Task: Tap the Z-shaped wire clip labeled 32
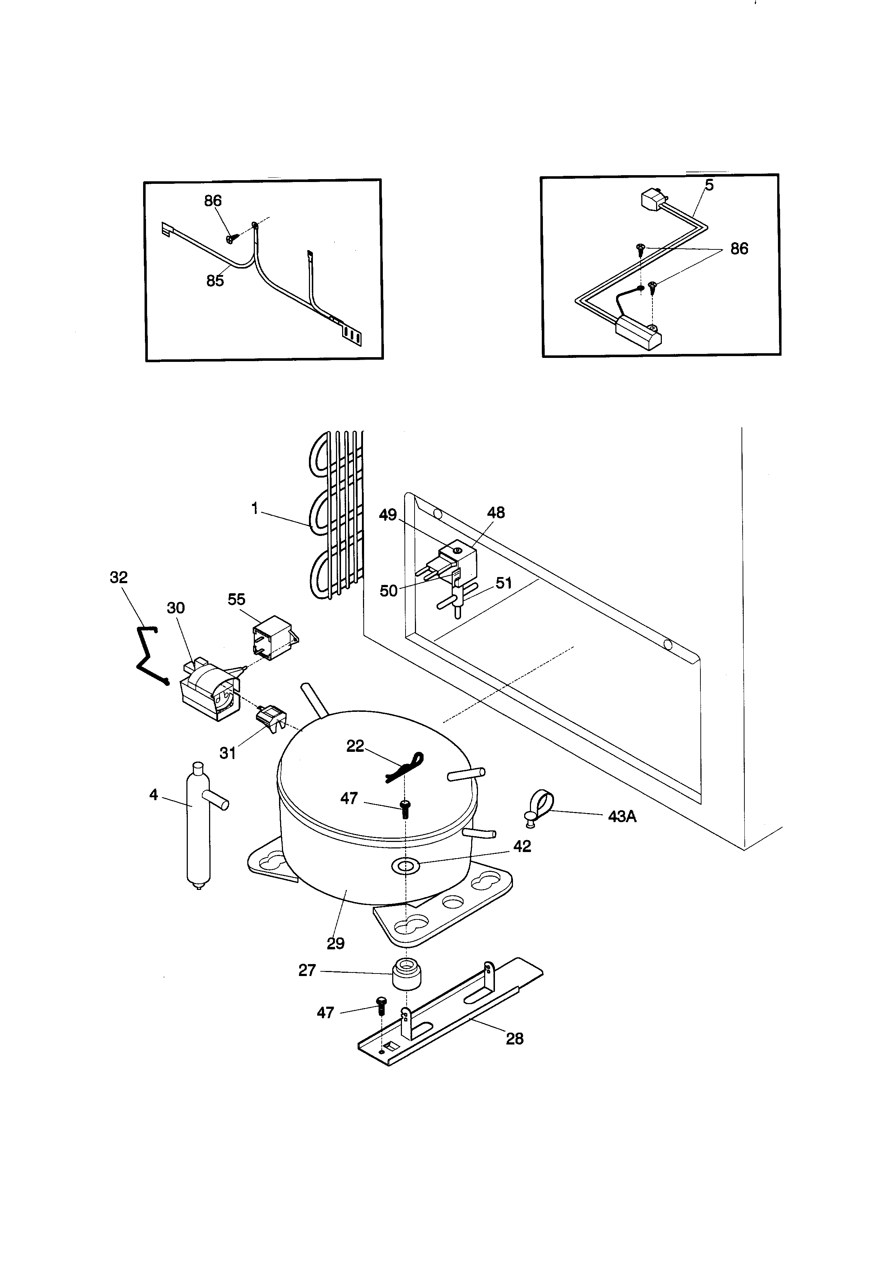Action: [146, 657]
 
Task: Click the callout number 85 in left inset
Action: [215, 281]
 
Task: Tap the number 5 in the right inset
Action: [709, 186]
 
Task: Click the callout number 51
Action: [504, 583]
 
